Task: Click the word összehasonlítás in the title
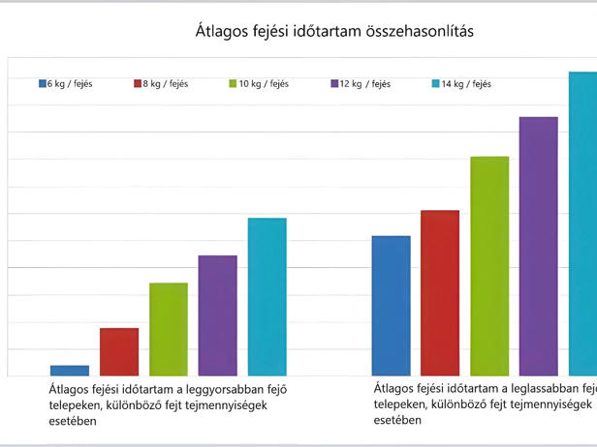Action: coord(422,32)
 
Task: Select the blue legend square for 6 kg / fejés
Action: coord(43,83)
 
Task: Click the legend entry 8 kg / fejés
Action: coord(161,83)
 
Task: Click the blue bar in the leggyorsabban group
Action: coord(70,371)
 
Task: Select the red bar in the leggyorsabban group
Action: coord(119,351)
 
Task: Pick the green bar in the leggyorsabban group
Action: coord(169,329)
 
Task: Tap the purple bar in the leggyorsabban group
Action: coord(218,315)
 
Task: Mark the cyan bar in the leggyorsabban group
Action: coord(267,296)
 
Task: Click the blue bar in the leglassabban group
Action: coord(392,306)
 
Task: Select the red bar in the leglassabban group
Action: coord(440,292)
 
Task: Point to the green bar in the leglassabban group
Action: coord(489,266)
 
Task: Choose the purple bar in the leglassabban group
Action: coord(539,246)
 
